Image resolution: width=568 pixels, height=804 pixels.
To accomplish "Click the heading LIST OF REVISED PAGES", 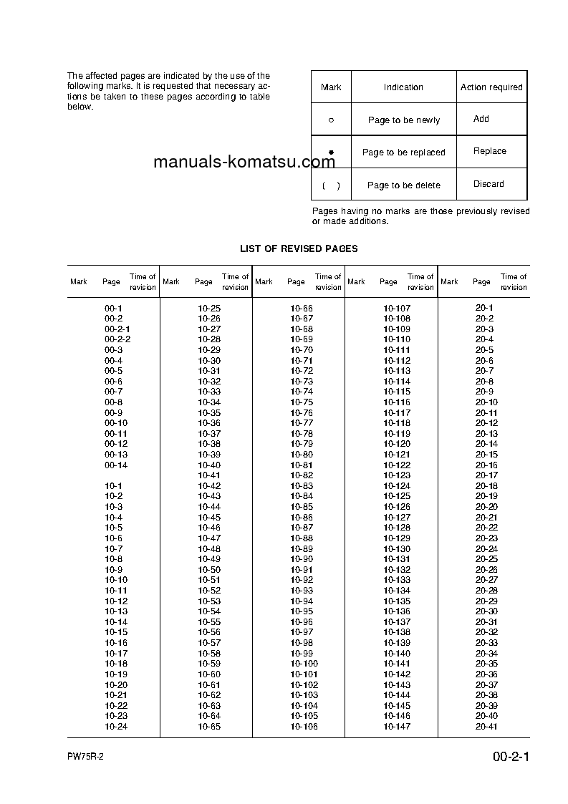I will point(299,248).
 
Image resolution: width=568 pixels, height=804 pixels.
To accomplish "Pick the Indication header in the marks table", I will point(403,87).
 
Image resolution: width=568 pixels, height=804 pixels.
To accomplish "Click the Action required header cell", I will point(491,87).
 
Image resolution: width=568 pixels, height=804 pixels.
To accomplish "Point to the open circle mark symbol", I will point(331,120).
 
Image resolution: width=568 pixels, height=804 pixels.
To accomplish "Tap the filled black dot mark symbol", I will point(331,152).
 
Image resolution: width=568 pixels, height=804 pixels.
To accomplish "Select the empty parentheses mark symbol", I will point(331,185).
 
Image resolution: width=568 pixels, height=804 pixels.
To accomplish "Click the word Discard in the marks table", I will point(488,184).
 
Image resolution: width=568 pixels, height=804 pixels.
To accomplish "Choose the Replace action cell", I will point(490,151).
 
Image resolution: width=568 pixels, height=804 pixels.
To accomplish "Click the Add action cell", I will point(481,119).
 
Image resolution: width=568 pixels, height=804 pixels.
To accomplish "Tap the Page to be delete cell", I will point(404,185).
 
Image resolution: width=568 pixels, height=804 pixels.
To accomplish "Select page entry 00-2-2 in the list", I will point(117,339).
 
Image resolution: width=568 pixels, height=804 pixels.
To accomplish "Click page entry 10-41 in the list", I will point(209,475).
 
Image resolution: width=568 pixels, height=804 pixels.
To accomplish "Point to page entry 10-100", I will point(304,664).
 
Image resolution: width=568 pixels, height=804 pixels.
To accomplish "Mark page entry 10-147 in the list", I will point(397,727).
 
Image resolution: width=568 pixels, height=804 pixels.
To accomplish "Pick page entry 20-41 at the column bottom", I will point(486,727).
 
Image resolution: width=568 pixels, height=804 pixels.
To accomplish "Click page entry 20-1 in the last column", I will point(484,308).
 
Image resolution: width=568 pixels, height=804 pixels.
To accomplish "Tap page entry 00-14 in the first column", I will point(116,465).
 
